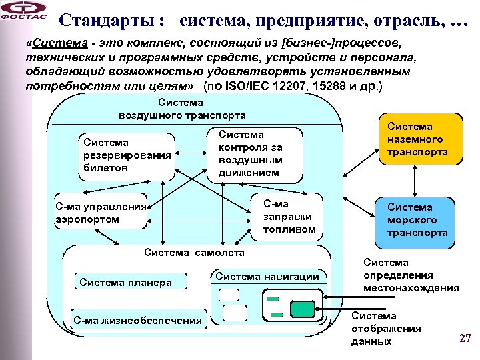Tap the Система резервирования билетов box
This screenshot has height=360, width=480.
(125, 155)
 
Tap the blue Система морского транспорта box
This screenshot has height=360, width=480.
(418, 221)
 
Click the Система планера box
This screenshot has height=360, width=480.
(125, 282)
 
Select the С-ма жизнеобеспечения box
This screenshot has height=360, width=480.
(137, 321)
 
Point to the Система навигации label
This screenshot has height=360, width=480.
(267, 276)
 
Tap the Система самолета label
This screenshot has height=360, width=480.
(194, 252)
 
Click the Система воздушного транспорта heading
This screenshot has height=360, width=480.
(181, 109)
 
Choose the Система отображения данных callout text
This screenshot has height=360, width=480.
(386, 329)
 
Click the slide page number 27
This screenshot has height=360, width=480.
(465, 338)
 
